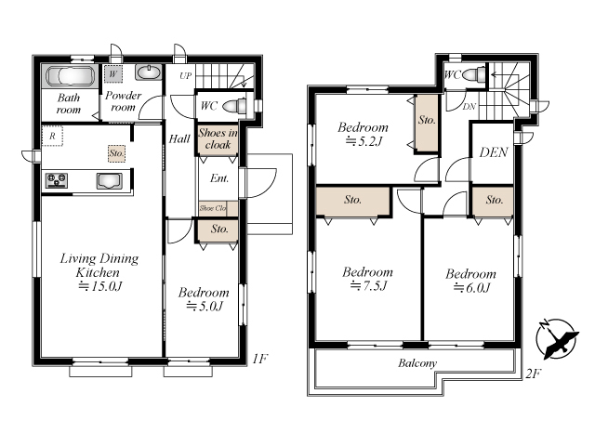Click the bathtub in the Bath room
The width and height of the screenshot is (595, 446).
click(x=71, y=76)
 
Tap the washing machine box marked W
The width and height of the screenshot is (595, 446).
click(x=113, y=73)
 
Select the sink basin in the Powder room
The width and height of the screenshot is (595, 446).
click(x=149, y=72)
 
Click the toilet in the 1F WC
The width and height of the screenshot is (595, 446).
click(x=234, y=105)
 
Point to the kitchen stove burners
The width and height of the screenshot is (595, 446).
click(x=57, y=179)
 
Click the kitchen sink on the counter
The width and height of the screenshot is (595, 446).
click(x=110, y=180)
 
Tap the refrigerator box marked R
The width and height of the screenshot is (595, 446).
click(x=52, y=136)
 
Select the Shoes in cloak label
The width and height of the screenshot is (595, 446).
click(x=218, y=138)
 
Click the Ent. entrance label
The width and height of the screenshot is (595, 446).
click(x=219, y=177)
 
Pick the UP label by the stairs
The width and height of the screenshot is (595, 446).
click(x=186, y=76)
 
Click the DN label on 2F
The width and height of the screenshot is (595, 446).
click(x=469, y=107)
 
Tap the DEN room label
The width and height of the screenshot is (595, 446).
click(x=494, y=152)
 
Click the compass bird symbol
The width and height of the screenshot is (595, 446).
click(x=558, y=339)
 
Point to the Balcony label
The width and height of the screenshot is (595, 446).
click(x=417, y=363)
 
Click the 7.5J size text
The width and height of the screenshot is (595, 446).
click(x=368, y=285)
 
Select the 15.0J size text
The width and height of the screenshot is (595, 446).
click(x=100, y=286)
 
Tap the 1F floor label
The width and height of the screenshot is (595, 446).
click(x=260, y=359)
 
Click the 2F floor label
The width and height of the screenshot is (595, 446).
click(x=533, y=374)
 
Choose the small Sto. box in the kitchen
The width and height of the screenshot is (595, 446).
click(x=116, y=153)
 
